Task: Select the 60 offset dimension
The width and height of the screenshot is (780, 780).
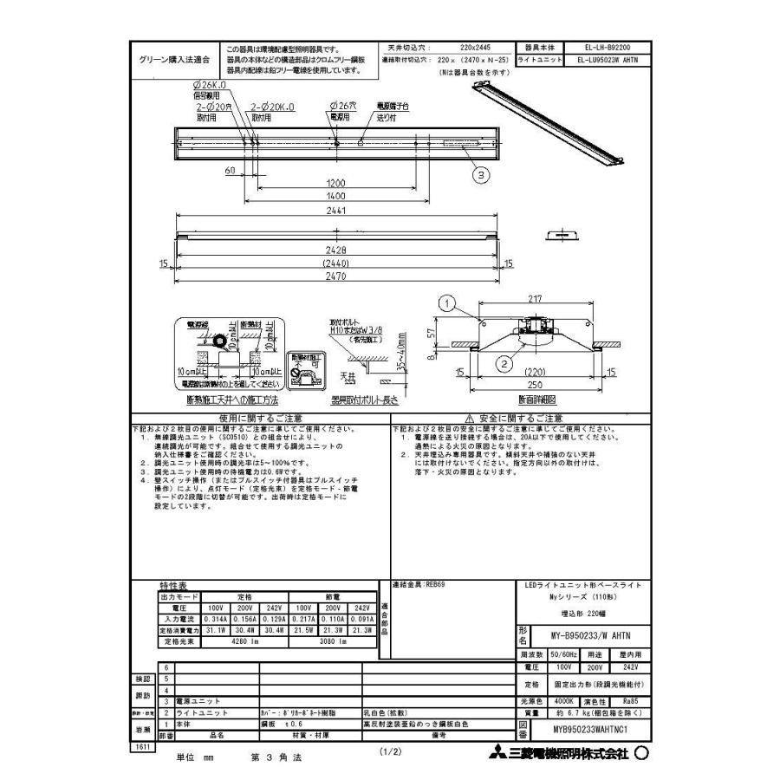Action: (x=231, y=172)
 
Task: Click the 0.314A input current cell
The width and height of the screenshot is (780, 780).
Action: (x=216, y=621)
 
